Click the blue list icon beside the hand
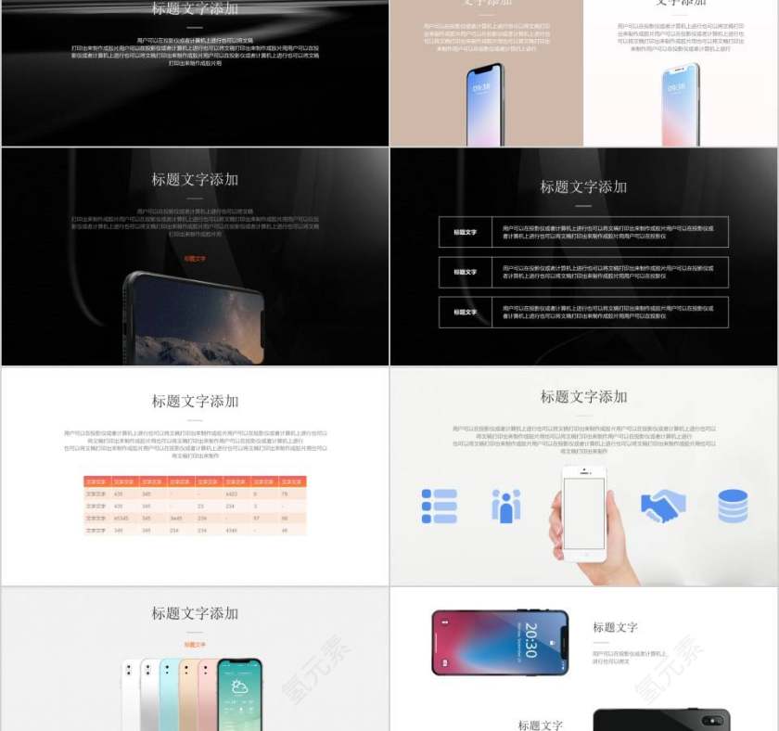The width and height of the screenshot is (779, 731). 439,506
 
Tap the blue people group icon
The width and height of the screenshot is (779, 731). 505,506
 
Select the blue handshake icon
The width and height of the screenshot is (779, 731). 663,506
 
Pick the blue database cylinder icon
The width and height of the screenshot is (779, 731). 733,506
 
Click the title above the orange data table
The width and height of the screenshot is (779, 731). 195,401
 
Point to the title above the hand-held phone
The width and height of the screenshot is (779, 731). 583,396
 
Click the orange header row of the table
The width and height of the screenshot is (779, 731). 195,481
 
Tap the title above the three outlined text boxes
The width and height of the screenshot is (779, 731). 583,186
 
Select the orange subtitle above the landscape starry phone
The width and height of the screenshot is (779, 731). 195,259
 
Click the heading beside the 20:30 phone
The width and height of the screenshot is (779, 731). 615,627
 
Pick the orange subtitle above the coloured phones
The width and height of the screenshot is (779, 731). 195,644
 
